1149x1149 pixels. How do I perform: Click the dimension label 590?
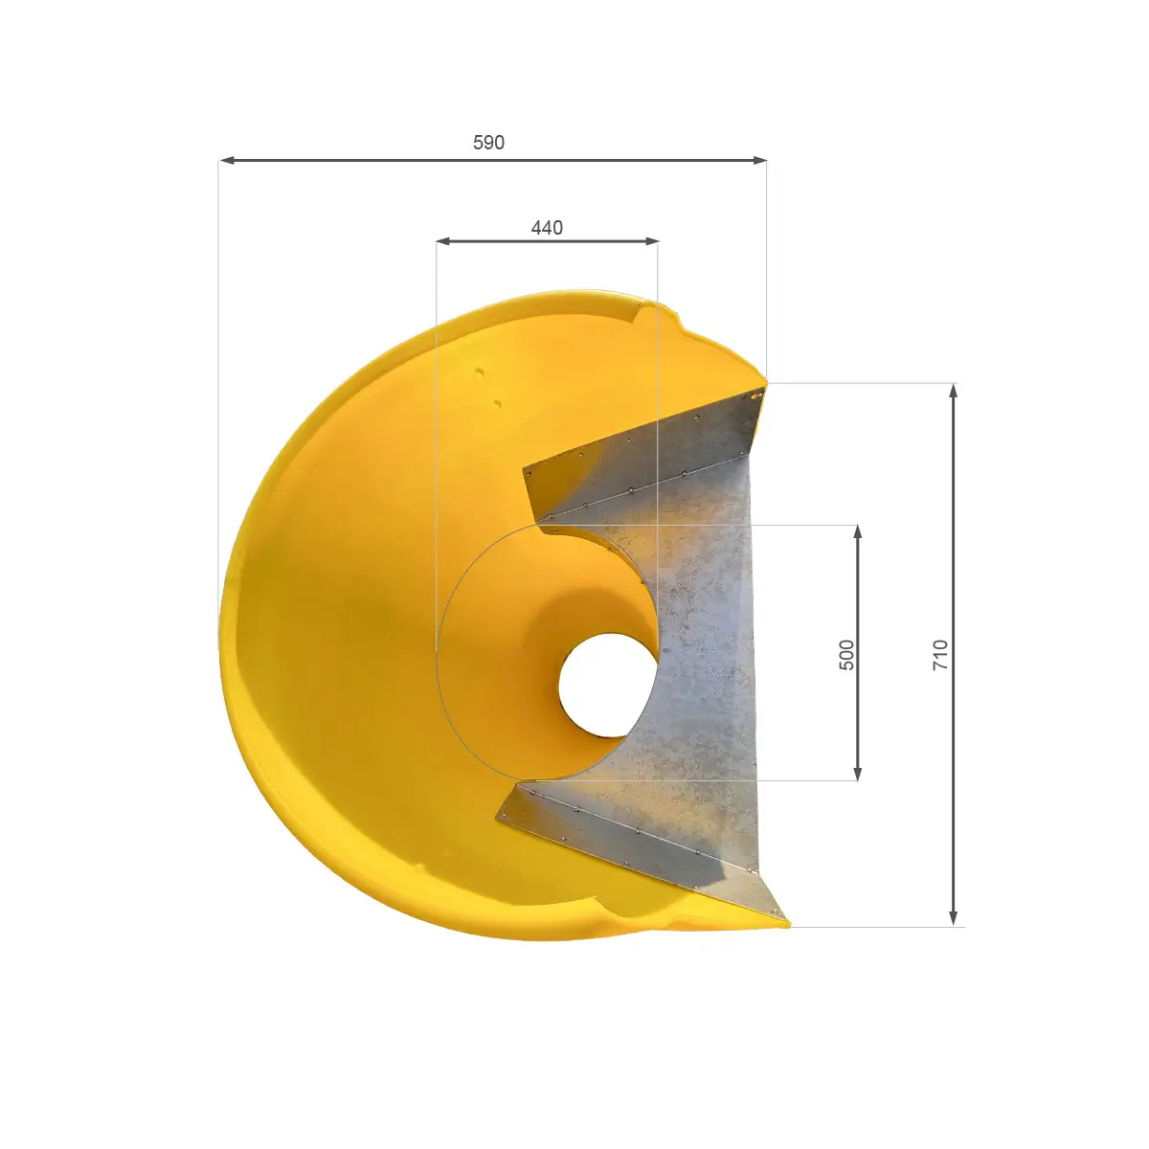point(488,143)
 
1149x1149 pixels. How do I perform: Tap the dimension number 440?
point(547,228)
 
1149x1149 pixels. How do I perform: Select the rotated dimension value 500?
point(846,655)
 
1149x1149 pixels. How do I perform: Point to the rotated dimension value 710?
point(939,655)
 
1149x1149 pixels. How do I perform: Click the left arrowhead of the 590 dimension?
point(227,160)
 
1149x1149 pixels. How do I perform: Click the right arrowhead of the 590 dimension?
point(759,160)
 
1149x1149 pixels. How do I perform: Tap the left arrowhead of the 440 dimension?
point(443,241)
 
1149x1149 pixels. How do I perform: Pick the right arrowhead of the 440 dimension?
point(651,241)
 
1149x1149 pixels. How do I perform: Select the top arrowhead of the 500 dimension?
point(858,532)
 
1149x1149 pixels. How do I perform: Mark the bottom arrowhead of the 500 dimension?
point(858,773)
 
